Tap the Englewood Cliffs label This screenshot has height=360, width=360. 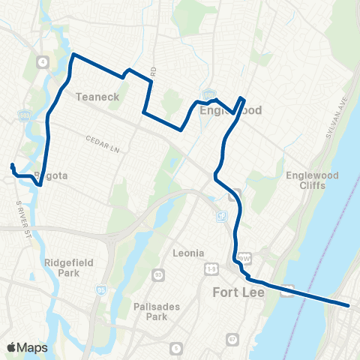307,181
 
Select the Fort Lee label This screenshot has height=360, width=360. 238,292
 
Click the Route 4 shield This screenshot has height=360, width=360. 44,61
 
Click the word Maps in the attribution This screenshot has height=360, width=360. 33,347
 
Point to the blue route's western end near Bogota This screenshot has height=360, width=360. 12,164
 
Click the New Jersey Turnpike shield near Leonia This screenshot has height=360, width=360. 221,217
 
